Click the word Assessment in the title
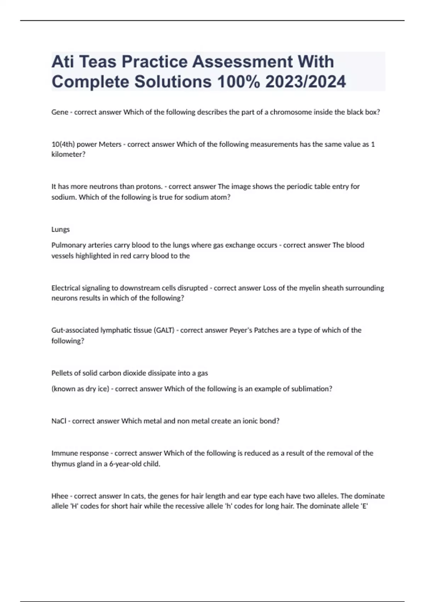242,62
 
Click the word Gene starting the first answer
60,112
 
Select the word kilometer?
68,154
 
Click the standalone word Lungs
61,229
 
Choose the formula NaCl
59,421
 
